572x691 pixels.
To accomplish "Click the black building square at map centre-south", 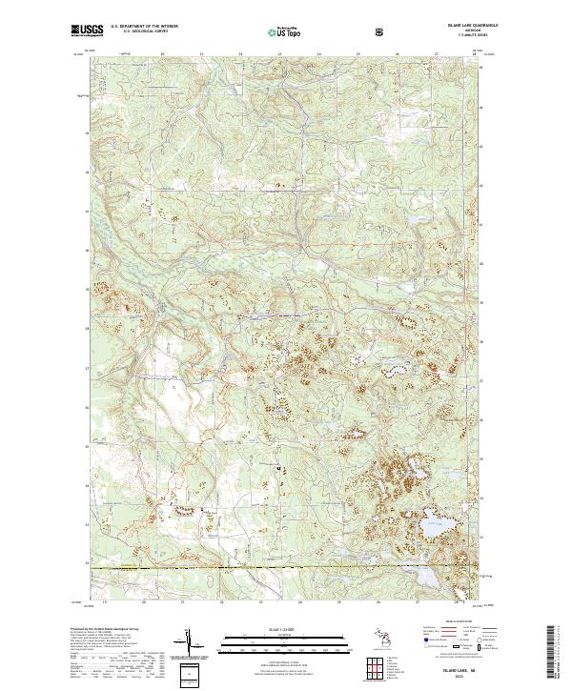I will (x=277, y=468).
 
